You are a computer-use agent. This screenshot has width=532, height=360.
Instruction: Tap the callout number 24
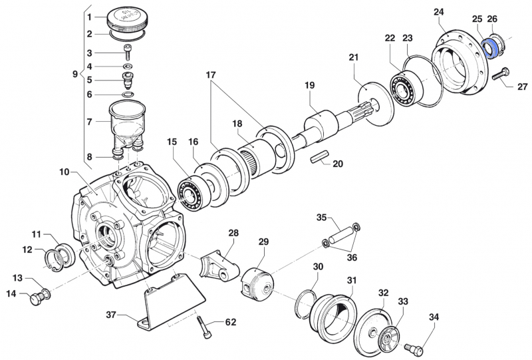[x=457, y=12]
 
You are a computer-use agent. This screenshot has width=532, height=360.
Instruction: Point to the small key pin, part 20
[x=320, y=160]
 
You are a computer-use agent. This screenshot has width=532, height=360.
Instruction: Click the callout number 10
[x=64, y=171]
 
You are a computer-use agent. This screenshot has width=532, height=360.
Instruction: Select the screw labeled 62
[x=203, y=327]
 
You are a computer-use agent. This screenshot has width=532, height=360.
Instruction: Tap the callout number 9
[x=74, y=75]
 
